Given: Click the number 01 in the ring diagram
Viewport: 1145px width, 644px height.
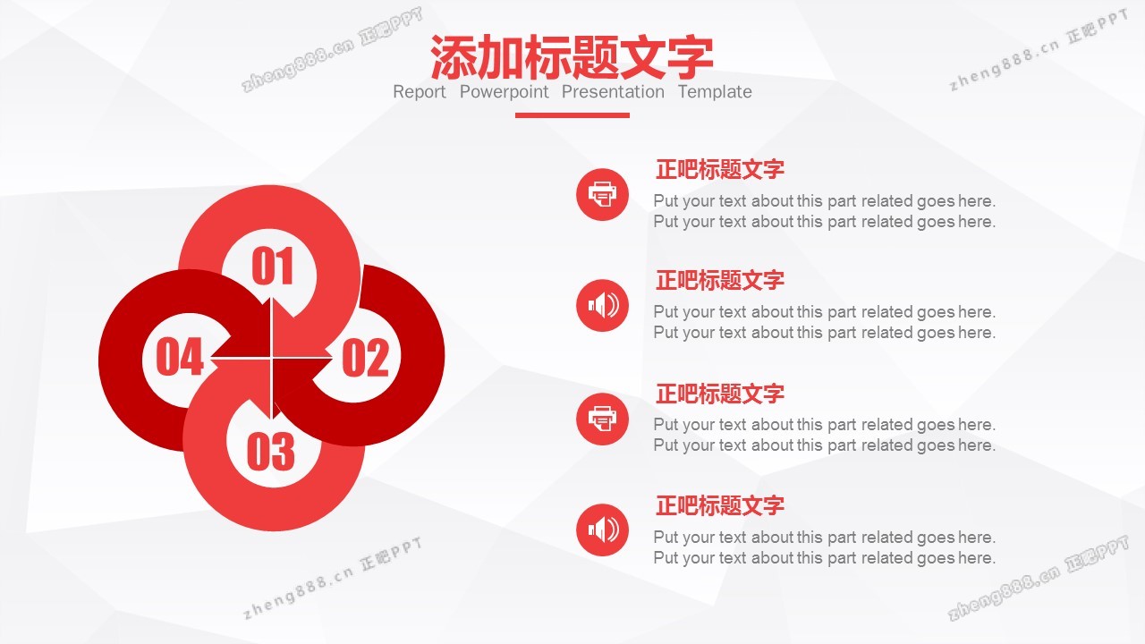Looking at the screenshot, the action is (x=273, y=266).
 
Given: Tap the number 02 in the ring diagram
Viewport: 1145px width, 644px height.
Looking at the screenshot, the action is (x=365, y=358).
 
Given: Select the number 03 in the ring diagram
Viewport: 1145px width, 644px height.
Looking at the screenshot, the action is (x=271, y=452).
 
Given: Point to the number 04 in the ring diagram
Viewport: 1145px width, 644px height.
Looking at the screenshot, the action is (x=180, y=357).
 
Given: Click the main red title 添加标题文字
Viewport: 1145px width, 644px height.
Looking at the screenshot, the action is (x=572, y=56).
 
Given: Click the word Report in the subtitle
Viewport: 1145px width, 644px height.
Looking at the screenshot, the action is (x=420, y=92).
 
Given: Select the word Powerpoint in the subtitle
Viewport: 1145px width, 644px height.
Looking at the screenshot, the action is (x=504, y=92).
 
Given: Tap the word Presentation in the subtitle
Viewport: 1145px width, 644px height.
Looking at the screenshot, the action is (x=613, y=92).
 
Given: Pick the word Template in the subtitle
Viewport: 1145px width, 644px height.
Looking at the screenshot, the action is (x=715, y=92).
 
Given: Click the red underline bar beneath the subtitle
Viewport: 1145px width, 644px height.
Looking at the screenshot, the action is (x=572, y=115).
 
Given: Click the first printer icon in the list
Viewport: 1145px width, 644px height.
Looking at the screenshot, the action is (x=602, y=195).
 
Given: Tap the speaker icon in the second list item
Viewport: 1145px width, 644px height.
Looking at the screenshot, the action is (x=602, y=306).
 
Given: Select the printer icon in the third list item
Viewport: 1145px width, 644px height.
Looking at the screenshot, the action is (x=602, y=419).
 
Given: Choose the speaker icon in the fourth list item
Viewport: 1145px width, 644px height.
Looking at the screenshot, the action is (x=602, y=530).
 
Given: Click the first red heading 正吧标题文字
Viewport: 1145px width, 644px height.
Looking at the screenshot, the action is (x=720, y=169).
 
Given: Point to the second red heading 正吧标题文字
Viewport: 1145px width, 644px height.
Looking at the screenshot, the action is (x=720, y=280).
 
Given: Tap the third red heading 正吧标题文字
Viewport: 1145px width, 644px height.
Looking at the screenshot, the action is (x=720, y=394).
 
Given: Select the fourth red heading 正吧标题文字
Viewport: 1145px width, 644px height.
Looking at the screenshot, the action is (x=720, y=505).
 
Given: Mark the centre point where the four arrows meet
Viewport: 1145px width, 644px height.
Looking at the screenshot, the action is (x=272, y=359).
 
